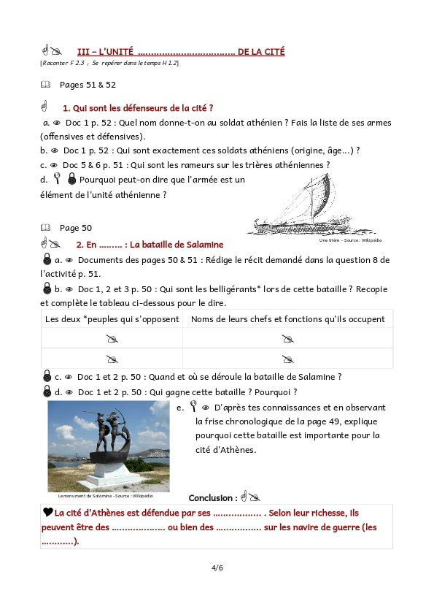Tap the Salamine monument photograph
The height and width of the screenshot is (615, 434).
coord(108,446)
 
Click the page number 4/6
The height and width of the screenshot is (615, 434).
coord(217,568)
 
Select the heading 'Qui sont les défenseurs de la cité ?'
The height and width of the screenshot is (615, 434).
coord(138,108)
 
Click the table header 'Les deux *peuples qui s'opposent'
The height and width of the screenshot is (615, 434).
coord(112,319)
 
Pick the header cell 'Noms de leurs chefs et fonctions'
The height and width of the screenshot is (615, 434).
coord(287,319)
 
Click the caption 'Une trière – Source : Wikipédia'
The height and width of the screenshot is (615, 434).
coord(350,240)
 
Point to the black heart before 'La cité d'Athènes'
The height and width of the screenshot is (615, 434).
coord(47,513)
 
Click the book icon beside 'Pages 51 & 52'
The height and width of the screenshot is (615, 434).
coord(46,85)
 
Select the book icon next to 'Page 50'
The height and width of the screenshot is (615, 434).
coord(46,228)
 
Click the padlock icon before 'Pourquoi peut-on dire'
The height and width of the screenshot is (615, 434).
coord(71,179)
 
